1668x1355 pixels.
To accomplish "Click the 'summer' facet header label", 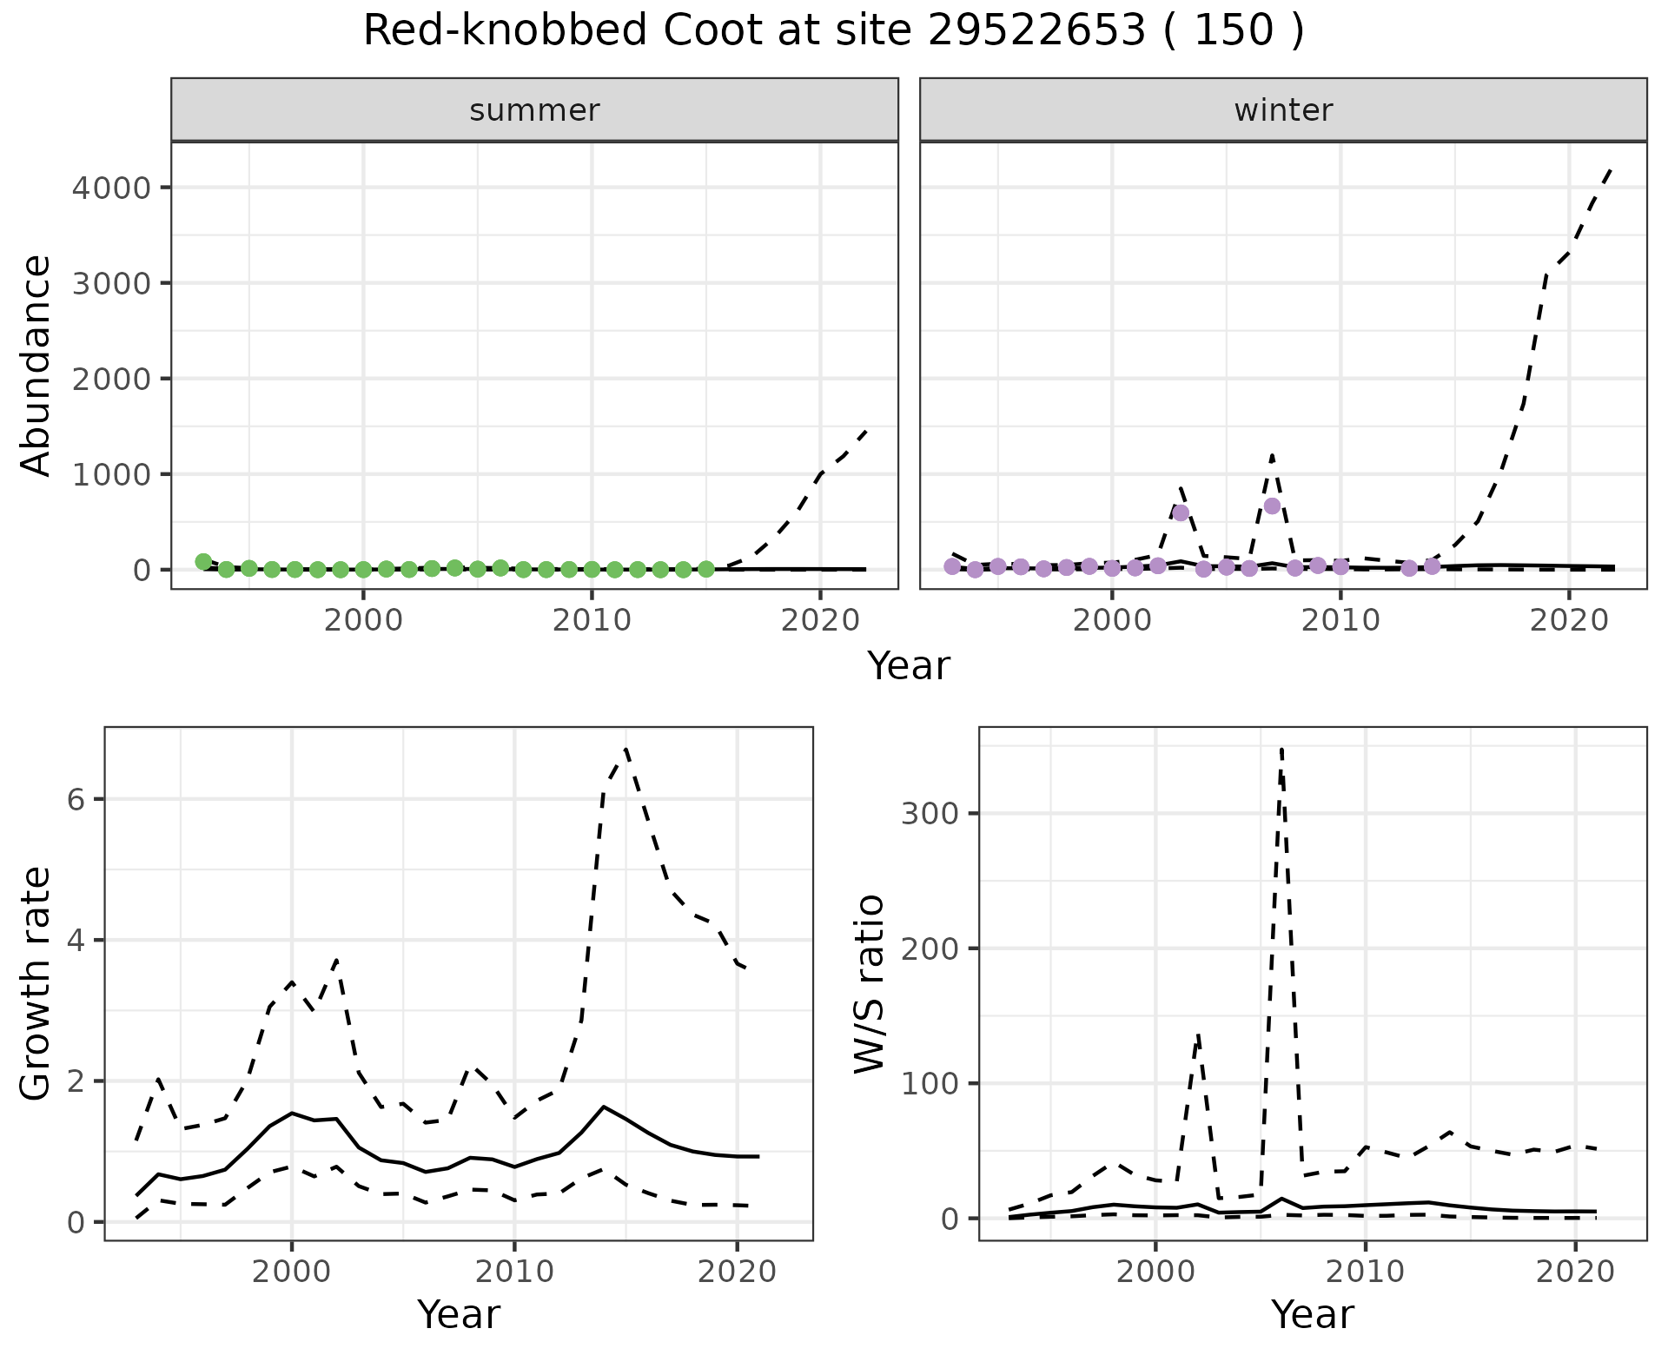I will coord(534,110).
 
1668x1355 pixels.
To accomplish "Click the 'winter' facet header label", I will coord(1283,110).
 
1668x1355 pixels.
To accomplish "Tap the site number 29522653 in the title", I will coord(1036,31).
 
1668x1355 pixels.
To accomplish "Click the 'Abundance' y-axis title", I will coord(36,366).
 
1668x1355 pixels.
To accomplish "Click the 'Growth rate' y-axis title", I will coord(36,984).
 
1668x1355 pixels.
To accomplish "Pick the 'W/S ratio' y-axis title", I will coord(870,984).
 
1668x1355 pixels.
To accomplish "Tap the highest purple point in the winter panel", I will coord(1272,506).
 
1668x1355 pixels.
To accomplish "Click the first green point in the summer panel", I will coord(203,562).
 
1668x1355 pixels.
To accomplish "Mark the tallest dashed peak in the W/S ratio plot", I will coord(1281,748).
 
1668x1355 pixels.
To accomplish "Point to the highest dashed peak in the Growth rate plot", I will coord(625,749).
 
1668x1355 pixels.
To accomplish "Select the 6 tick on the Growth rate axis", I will coord(76,799).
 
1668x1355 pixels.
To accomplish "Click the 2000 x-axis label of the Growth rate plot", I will coord(292,1272).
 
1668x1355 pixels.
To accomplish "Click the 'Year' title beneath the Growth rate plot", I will coord(459,1314).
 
